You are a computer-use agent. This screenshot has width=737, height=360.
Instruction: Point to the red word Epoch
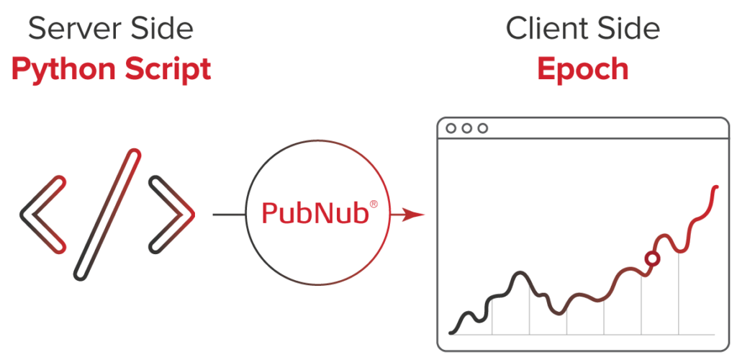(x=582, y=70)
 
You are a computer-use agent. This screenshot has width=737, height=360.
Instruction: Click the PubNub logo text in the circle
(x=314, y=213)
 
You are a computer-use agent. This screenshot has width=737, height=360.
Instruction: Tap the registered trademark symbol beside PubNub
(x=374, y=205)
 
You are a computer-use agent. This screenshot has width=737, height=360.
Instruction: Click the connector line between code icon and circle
(x=229, y=215)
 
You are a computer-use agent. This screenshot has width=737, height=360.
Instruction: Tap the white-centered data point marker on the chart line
(x=652, y=258)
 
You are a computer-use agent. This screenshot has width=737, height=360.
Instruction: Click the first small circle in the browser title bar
(x=451, y=128)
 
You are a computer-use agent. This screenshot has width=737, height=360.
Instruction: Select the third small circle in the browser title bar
(x=483, y=128)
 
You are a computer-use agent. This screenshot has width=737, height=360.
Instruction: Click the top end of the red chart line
(x=716, y=186)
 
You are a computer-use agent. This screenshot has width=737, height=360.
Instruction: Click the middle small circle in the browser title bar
(x=467, y=128)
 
